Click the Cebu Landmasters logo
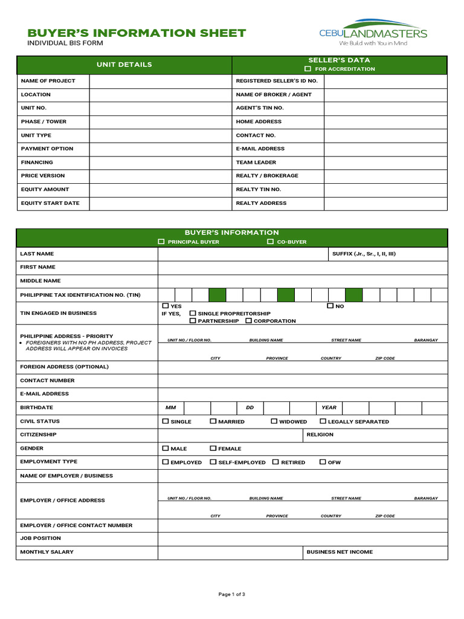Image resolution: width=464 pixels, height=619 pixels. (373, 33)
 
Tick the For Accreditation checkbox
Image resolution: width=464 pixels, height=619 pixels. (308, 69)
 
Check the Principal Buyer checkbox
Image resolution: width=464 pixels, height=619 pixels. (161, 242)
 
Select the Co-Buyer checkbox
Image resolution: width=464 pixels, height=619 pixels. (271, 242)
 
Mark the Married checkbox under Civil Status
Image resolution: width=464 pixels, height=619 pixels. (213, 421)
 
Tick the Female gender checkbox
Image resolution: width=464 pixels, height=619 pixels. (213, 449)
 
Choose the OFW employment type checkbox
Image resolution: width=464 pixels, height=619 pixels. (323, 462)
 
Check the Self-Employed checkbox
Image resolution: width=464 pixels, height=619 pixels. (213, 462)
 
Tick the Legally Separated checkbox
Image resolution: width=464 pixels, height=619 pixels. (323, 421)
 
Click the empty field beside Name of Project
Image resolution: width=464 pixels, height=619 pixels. (160, 81)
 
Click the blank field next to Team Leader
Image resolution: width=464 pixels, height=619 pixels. (385, 163)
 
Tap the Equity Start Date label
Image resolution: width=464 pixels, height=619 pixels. (50, 203)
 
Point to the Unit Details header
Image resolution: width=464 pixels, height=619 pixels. (124, 65)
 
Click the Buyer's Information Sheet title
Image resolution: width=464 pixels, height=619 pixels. (137, 33)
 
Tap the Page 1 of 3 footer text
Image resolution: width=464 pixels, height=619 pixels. (231, 594)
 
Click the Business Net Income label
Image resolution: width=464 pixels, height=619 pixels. (340, 552)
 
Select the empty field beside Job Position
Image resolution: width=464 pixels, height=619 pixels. (302, 538)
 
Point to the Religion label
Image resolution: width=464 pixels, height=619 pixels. (320, 435)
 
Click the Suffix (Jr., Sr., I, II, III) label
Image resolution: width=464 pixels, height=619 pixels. (364, 254)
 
